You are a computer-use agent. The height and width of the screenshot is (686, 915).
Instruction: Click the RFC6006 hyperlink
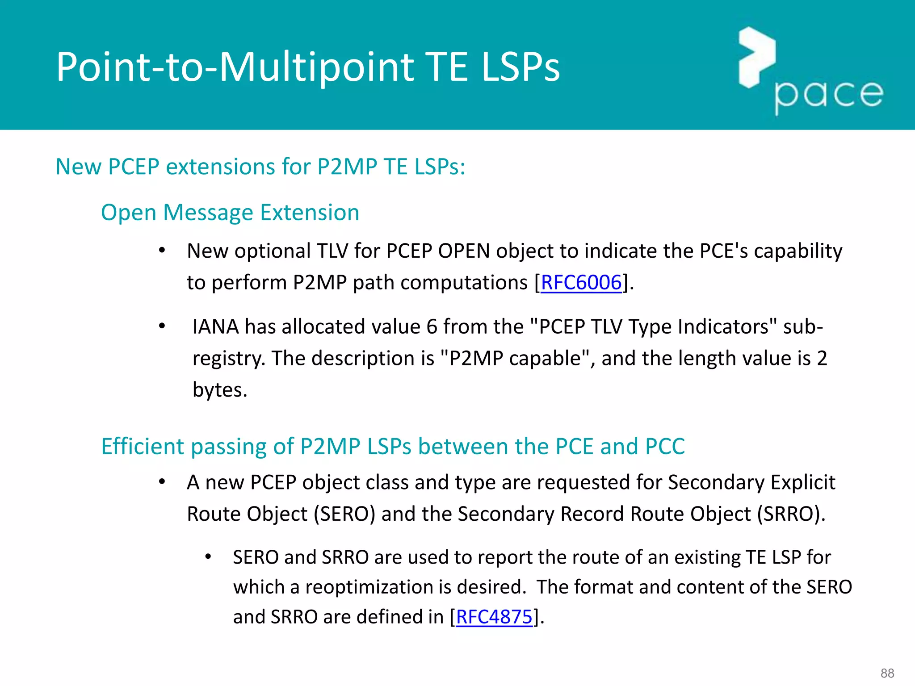click(581, 283)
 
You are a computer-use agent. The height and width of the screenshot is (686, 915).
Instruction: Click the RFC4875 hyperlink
click(494, 617)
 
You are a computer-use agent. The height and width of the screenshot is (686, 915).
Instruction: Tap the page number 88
click(887, 673)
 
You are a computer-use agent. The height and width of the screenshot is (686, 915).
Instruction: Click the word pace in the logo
click(829, 95)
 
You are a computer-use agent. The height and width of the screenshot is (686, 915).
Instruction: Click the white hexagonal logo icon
click(756, 57)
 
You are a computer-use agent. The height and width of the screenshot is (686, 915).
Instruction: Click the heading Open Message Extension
click(230, 213)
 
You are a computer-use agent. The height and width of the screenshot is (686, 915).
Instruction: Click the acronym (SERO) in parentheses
click(344, 514)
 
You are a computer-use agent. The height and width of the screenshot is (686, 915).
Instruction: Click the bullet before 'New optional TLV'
click(162, 251)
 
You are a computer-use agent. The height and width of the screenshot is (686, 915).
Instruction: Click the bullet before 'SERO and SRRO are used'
click(208, 557)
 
